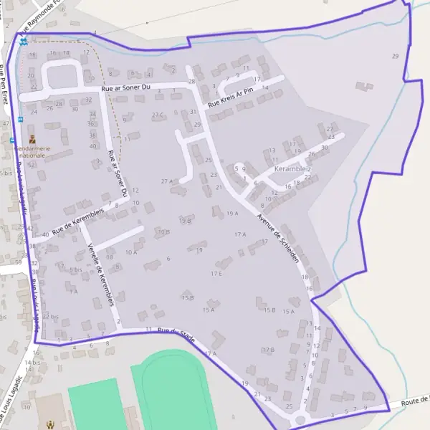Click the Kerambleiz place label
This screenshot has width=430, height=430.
292,170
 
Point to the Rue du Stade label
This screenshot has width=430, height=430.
176,333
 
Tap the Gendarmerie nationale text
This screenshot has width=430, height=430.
32,150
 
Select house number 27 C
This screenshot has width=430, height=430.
158,115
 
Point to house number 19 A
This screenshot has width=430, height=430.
231,214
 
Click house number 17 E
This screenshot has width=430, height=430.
216,274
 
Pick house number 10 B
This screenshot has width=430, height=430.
163,231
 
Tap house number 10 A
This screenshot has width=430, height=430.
131,252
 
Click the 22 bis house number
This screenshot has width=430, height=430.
51,316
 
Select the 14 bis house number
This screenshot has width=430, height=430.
32,363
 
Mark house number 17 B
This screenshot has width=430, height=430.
268,350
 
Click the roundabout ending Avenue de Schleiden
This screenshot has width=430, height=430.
300,419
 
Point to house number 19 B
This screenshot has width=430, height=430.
186,221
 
